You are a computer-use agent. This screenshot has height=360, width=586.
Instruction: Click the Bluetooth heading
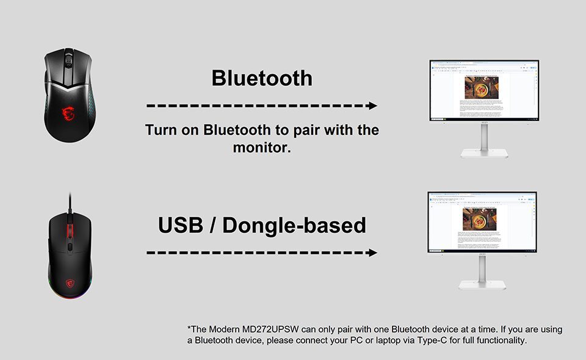pyautogui.click(x=262, y=78)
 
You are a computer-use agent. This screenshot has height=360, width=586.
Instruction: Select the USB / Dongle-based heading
pyautogui.click(x=262, y=225)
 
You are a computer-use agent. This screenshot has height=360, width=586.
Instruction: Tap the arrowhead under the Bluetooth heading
pyautogui.click(x=372, y=106)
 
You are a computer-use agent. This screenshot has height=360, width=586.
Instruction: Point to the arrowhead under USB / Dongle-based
pyautogui.click(x=372, y=253)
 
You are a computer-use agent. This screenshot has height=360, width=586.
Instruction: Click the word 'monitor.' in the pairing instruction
pyautogui.click(x=262, y=148)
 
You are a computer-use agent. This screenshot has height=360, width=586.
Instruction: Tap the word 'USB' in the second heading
pyautogui.click(x=180, y=225)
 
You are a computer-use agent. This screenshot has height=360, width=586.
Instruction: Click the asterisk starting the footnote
pyautogui.click(x=189, y=328)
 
